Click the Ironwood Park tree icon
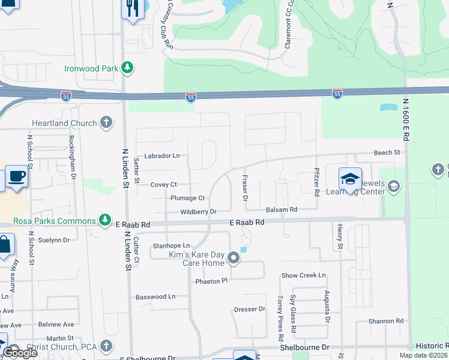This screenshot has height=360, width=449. [x=127, y=68]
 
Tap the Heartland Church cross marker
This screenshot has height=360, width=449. [x=106, y=123]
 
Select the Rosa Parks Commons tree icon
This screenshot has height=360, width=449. [x=106, y=220]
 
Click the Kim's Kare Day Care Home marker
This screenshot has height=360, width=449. [x=234, y=258]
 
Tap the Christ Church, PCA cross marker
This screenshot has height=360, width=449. [x=106, y=346]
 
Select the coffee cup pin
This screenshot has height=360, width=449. [x=17, y=176]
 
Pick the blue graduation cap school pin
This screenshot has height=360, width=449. [x=349, y=178]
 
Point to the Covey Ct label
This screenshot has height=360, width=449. [x=163, y=185]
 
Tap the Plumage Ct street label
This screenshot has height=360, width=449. [x=187, y=198]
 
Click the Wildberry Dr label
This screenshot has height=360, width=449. [x=198, y=212]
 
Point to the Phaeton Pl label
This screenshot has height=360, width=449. [x=211, y=281]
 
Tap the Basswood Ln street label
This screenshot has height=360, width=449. [x=155, y=296]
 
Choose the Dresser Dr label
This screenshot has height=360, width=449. [x=249, y=310]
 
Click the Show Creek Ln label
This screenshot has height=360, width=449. [x=304, y=275]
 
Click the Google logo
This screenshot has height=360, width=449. [x=20, y=353]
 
